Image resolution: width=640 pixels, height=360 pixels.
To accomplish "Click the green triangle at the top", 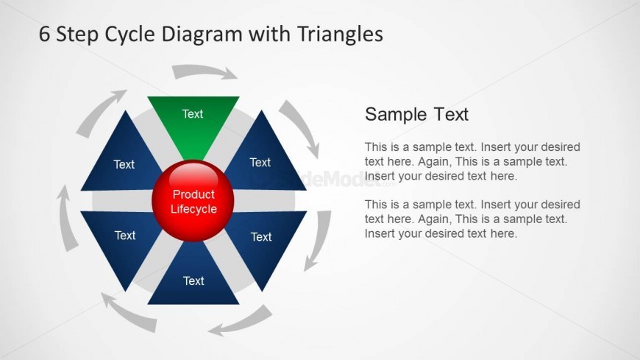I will click(x=193, y=121).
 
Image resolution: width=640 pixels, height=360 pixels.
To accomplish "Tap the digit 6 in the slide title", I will click(x=44, y=34).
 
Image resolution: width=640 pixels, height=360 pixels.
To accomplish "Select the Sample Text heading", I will click(x=416, y=114).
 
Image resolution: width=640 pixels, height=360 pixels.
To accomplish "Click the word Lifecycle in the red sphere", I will click(x=193, y=209).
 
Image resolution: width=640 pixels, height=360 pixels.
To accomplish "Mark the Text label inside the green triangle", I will click(x=193, y=114).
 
